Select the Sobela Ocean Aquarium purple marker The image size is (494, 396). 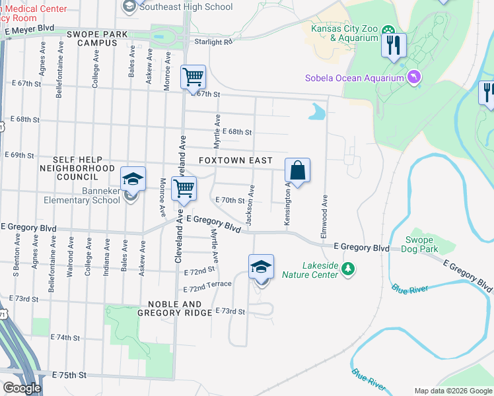tap(414, 78)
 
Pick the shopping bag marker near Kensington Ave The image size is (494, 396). tap(298, 171)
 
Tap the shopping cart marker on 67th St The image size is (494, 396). tap(193, 78)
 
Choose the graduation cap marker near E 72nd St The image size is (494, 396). tap(262, 267)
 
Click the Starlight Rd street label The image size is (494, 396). tap(214, 42)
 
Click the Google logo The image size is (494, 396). tap(21, 388)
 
